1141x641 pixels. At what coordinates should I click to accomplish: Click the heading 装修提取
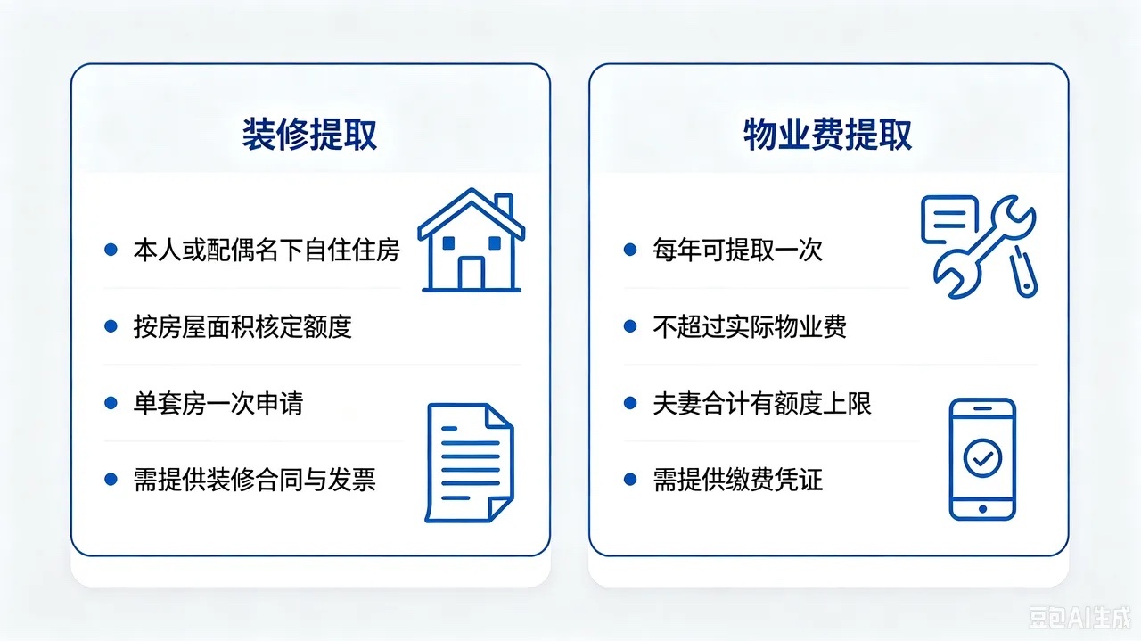[309, 135]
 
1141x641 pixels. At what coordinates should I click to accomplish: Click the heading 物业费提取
[828, 135]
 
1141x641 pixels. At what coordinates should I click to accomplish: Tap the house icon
[472, 240]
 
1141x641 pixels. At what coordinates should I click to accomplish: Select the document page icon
[470, 463]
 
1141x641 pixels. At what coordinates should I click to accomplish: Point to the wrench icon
[985, 247]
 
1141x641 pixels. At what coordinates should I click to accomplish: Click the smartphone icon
[982, 459]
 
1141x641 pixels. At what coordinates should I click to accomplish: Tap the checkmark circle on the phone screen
[982, 457]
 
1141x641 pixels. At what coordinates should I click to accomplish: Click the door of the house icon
[472, 273]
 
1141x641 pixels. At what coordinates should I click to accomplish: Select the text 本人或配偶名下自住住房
[267, 251]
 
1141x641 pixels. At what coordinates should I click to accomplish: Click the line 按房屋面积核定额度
[242, 326]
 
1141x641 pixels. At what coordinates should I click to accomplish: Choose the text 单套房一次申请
[218, 403]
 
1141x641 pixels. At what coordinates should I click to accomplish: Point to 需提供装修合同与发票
[255, 480]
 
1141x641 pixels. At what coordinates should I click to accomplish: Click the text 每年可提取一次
[737, 251]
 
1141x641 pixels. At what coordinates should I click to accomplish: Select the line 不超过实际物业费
[750, 326]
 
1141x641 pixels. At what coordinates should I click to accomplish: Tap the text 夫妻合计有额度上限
[762, 403]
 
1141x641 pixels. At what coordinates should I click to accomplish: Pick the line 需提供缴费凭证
[737, 480]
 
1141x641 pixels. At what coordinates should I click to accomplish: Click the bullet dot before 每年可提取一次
[630, 250]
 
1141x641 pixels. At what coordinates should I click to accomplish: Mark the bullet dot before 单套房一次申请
[111, 403]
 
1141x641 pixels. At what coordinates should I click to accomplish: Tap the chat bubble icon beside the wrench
[950, 219]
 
